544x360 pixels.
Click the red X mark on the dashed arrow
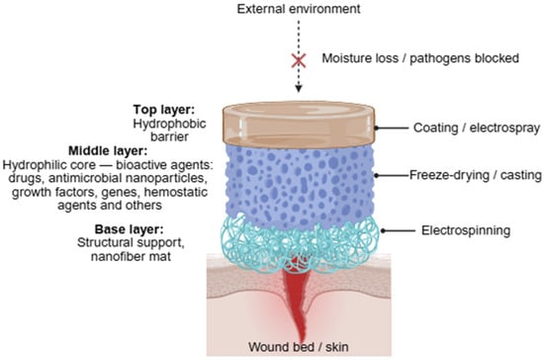[299, 60]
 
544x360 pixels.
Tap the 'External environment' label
[299, 9]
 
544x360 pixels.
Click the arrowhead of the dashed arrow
[299, 89]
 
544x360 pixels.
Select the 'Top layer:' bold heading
[164, 110]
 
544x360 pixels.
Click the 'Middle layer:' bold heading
[108, 151]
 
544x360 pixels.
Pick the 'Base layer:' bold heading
[129, 229]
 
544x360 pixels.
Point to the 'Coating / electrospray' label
[477, 128]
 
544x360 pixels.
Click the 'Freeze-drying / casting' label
[476, 175]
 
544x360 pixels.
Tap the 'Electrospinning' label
[466, 230]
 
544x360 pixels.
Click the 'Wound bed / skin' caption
[299, 347]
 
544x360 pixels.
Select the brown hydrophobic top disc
[299, 125]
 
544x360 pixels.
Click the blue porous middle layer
[299, 184]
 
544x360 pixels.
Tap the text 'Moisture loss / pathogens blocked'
[420, 58]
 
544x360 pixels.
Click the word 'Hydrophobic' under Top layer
[169, 124]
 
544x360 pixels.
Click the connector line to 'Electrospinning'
[399, 230]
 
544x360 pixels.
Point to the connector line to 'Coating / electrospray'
[392, 128]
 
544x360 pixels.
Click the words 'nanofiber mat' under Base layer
[131, 256]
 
